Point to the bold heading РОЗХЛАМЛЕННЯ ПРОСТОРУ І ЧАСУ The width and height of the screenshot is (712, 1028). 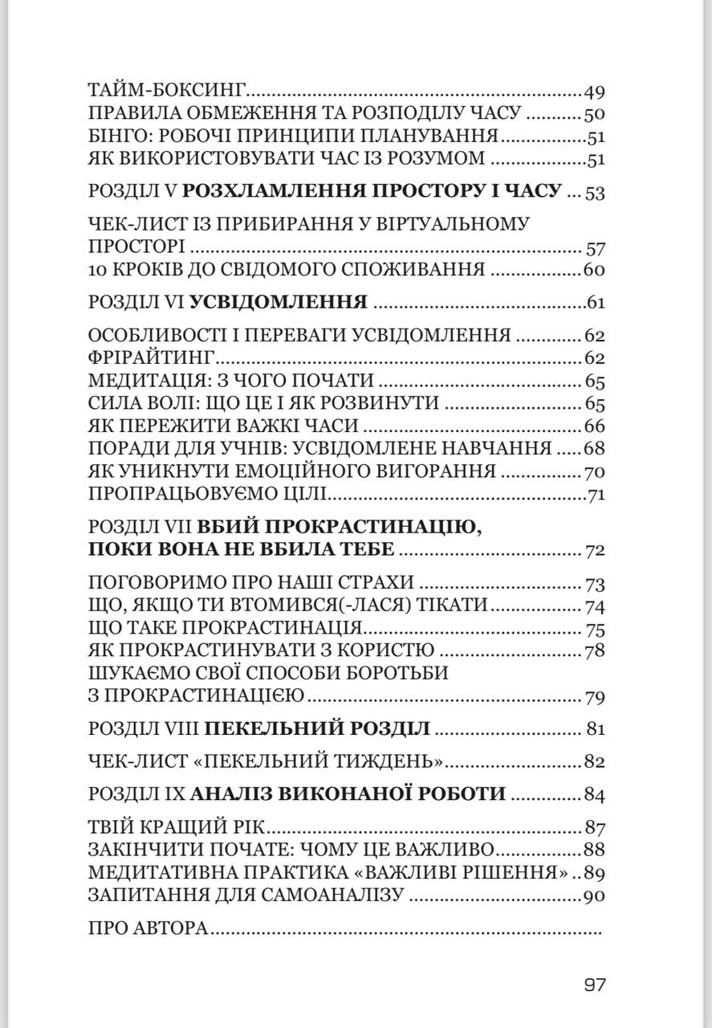click(372, 192)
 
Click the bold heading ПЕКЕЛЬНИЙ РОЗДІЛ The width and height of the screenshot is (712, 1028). click(317, 729)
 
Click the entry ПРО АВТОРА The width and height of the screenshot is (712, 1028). click(149, 929)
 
